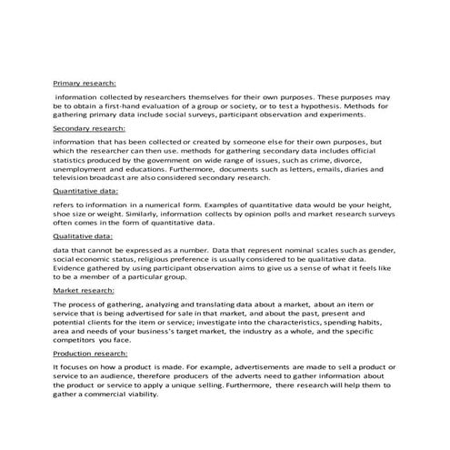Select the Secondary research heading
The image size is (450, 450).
pos(90,129)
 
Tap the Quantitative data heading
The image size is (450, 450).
pos(87,193)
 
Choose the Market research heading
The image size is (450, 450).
pos(85,289)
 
